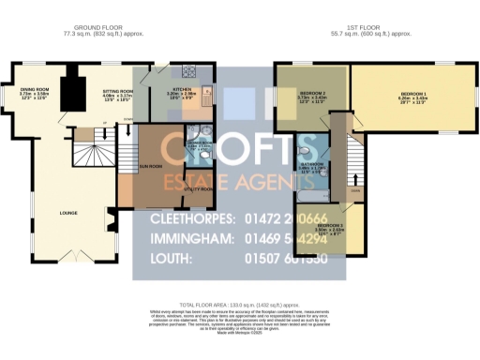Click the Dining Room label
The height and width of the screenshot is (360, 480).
(35, 90)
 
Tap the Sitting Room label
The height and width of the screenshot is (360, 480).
(117, 90)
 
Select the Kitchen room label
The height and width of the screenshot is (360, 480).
(181, 90)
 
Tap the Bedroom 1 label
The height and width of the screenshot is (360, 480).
(412, 95)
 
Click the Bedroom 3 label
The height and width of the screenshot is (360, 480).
(330, 226)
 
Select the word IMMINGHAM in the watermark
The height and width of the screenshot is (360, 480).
(189, 240)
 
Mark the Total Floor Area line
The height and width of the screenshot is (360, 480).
(239, 306)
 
